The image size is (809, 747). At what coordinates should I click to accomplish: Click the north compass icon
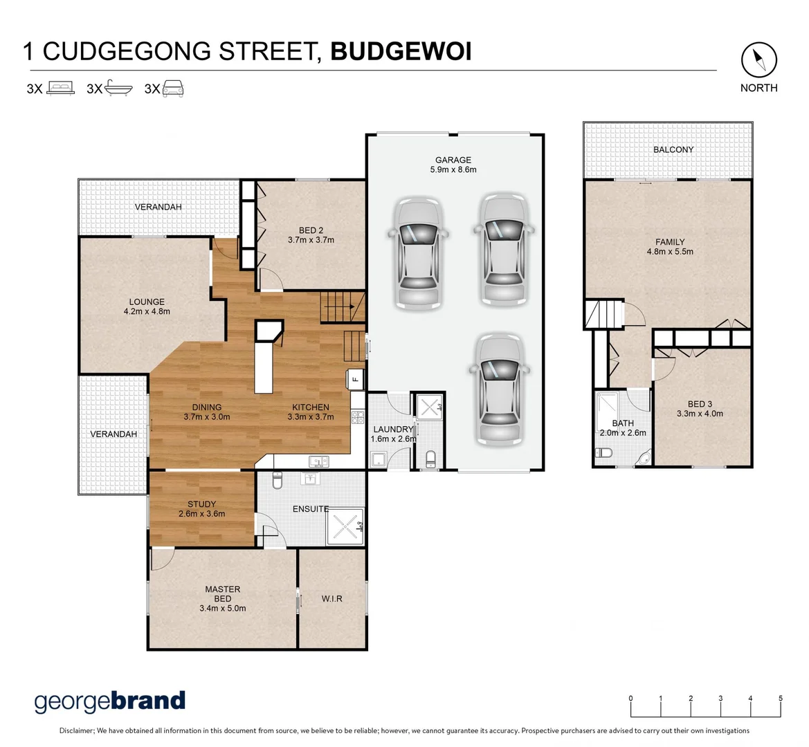pos(758,61)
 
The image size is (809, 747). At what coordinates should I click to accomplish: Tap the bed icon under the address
pos(60,88)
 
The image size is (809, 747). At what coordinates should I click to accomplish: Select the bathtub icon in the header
pos(118,89)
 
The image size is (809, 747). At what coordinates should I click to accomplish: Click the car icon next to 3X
pos(172,88)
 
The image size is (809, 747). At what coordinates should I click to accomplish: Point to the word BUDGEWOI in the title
pos(401,52)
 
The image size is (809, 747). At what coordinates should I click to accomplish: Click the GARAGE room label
pos(453,160)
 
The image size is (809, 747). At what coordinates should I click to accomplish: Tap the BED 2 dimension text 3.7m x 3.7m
pos(311,240)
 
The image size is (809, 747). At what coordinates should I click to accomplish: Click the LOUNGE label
pos(147,302)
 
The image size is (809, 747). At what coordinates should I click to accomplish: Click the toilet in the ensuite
pos(278,480)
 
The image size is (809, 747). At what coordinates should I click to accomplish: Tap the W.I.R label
pos(331,598)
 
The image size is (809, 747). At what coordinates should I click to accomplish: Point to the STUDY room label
pos(201,504)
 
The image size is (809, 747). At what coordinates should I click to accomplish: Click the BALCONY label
pos(673,149)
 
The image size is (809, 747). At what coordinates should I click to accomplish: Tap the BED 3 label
pos(700,404)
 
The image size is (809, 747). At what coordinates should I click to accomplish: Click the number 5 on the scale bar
pos(781,699)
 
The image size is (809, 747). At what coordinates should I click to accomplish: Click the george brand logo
pos(110,701)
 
